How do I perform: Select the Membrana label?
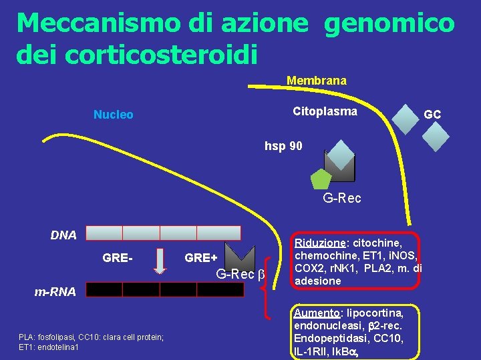point(317,81)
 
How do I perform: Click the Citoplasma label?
point(325,111)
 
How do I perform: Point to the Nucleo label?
point(113,115)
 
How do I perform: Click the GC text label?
point(432,115)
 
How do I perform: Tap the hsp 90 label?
point(284,145)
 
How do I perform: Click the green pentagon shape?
point(321,178)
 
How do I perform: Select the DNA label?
point(64,235)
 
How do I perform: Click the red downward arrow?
point(160,261)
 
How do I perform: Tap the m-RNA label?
point(55,291)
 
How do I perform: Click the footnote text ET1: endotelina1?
point(49,347)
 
